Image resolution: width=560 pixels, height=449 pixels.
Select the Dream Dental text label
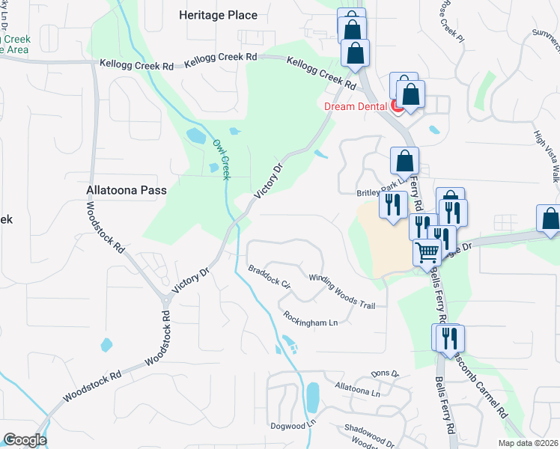(353, 106)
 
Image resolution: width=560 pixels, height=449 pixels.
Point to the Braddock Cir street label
(269, 275)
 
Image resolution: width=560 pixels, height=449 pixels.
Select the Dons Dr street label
(386, 373)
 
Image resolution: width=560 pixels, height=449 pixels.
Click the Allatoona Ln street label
(358, 388)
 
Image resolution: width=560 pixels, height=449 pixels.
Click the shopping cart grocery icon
(427, 253)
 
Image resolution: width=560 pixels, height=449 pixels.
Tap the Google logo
(25, 440)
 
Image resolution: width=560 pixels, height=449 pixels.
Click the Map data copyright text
(529, 443)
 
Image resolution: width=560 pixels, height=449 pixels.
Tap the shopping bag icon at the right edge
(550, 219)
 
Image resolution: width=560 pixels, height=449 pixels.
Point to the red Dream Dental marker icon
(398, 107)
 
